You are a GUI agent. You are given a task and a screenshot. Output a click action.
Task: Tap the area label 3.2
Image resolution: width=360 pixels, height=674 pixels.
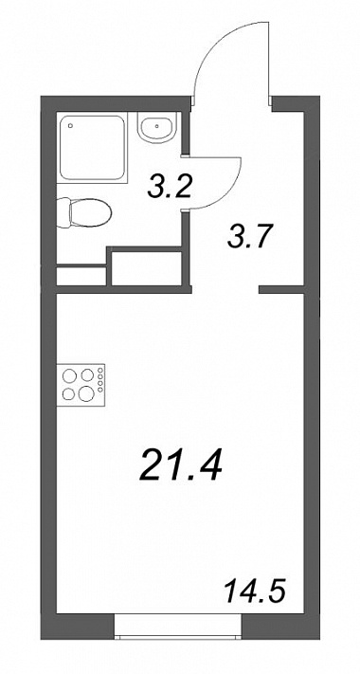tap(169, 187)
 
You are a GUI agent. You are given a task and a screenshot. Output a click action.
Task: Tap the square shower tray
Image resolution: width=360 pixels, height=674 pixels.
tap(92, 148)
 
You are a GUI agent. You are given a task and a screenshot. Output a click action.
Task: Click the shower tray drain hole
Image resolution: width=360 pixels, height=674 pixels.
tap(70, 125)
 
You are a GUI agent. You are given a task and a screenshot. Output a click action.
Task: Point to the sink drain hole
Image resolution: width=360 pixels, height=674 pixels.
tap(158, 126)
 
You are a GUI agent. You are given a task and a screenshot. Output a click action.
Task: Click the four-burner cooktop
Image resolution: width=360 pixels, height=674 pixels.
tap(81, 384)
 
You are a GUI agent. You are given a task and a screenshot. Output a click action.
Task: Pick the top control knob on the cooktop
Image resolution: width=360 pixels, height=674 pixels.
tap(100, 370)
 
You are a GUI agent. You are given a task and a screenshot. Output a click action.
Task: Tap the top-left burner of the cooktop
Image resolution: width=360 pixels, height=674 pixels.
tap(69, 375)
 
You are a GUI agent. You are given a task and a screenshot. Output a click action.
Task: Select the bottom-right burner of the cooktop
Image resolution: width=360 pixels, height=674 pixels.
tap(86, 392)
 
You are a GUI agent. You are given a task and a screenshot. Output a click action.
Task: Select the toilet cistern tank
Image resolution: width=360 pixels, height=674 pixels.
tap(63, 212)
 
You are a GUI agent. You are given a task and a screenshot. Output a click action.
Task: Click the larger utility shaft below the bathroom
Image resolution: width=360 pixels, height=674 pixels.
tap(146, 268)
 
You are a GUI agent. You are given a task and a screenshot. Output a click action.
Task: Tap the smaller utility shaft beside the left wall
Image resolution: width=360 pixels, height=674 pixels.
tap(81, 277)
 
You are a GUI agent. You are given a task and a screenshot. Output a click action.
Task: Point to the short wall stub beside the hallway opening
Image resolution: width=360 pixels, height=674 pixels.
tap(281, 290)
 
